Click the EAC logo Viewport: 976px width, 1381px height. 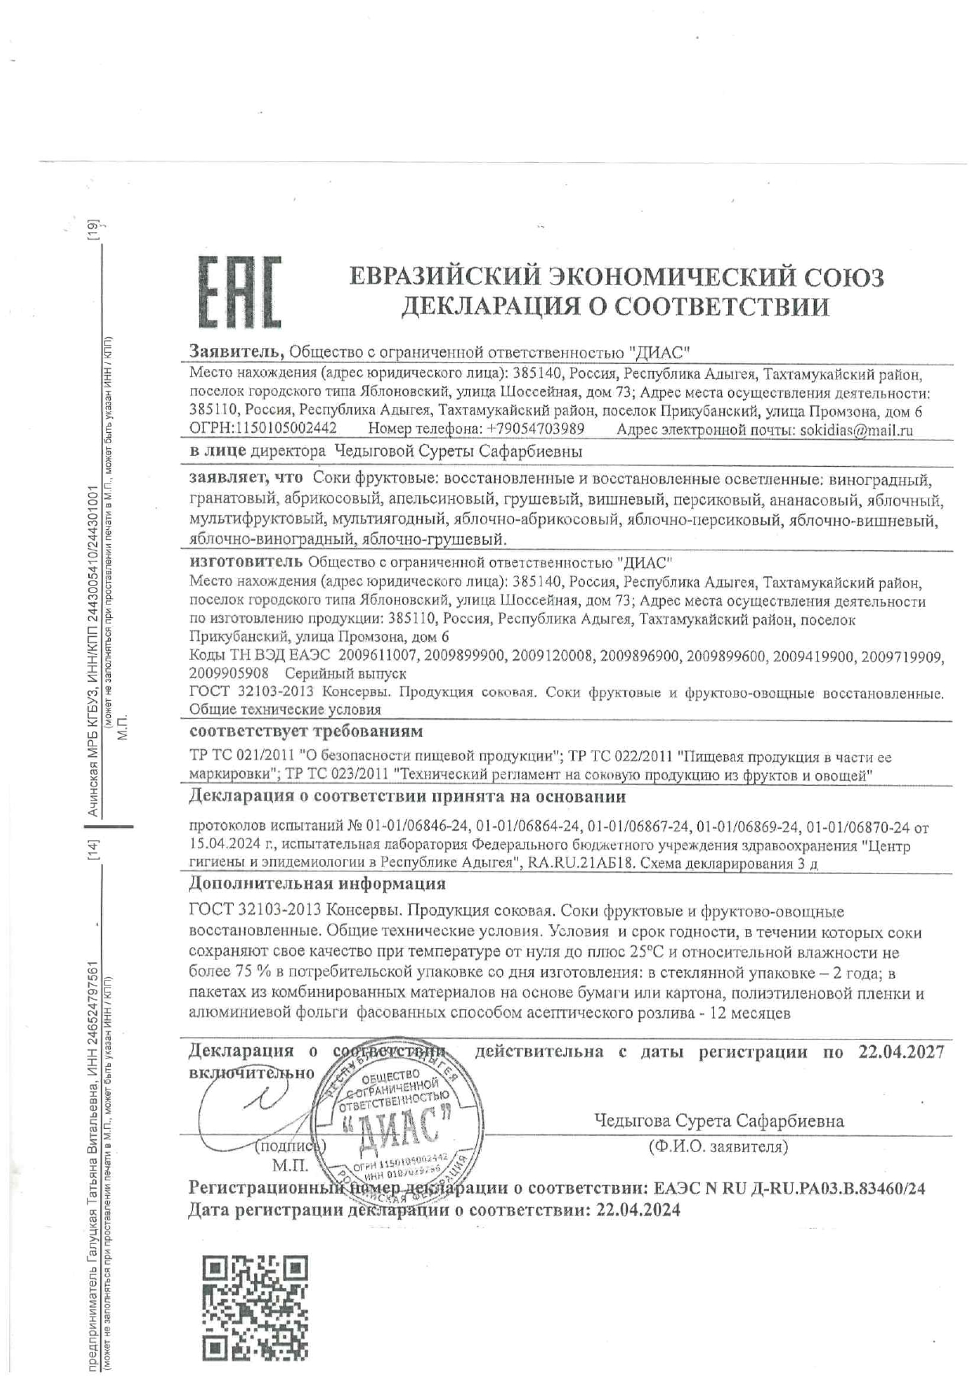(x=238, y=292)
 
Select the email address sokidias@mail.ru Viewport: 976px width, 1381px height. (x=856, y=430)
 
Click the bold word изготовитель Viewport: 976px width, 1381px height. (x=246, y=562)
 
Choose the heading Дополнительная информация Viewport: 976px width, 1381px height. (x=317, y=883)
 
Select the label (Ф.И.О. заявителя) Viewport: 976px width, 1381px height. (x=718, y=1147)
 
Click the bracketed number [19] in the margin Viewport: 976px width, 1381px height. (x=94, y=230)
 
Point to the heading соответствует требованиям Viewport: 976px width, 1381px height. (x=305, y=732)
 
